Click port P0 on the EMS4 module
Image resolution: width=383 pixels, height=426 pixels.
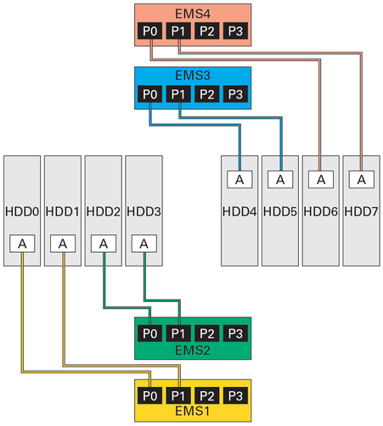pyautogui.click(x=149, y=31)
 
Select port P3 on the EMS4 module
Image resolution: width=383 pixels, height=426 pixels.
pyautogui.click(x=234, y=31)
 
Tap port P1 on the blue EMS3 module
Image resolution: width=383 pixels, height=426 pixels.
pyautogui.click(x=178, y=94)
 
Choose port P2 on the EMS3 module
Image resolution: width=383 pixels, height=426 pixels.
pyautogui.click(x=206, y=94)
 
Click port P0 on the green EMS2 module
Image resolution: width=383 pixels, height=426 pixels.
pyautogui.click(x=150, y=333)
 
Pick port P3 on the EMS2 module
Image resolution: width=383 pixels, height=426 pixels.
pyautogui.click(x=234, y=333)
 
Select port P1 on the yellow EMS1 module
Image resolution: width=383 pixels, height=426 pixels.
pyautogui.click(x=178, y=395)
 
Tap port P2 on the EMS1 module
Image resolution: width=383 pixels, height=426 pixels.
pyautogui.click(x=206, y=395)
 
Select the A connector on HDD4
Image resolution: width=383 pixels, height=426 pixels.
pyautogui.click(x=239, y=179)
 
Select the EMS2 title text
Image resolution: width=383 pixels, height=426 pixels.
pyautogui.click(x=192, y=350)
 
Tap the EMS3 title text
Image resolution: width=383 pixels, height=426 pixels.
pyautogui.click(x=192, y=76)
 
